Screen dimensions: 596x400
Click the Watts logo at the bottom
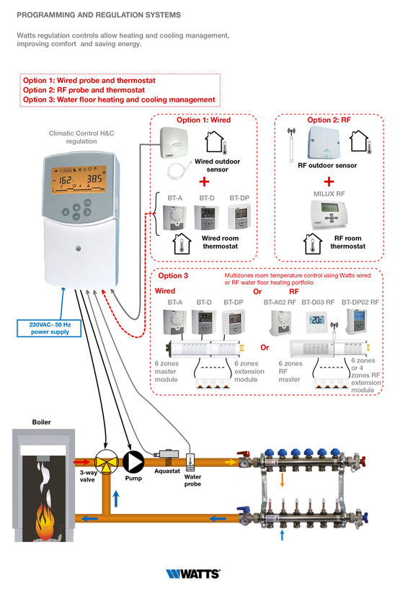coord(192,574)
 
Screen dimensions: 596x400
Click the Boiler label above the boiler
coord(42,422)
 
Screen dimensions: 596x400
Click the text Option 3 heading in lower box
coord(173,275)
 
